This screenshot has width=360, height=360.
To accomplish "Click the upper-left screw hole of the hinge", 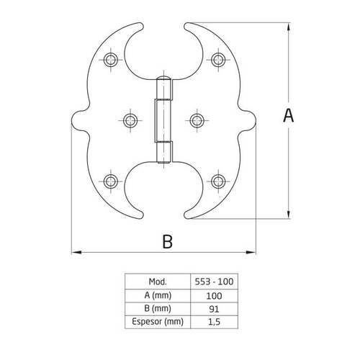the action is [x=111, y=60].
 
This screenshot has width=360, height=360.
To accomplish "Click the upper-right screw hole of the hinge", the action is [x=218, y=60].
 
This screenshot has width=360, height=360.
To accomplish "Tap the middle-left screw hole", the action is [x=130, y=120].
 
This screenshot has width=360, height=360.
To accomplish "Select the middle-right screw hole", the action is [x=197, y=120].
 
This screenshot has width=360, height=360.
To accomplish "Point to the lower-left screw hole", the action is [x=111, y=181].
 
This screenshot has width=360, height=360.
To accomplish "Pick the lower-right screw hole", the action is [x=218, y=181].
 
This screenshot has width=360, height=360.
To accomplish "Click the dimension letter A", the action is [x=288, y=115].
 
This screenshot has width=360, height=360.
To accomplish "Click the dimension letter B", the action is [x=167, y=241].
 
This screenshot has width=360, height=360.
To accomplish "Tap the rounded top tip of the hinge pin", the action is [x=164, y=78].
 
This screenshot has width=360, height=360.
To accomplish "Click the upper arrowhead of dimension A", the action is [x=288, y=27].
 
